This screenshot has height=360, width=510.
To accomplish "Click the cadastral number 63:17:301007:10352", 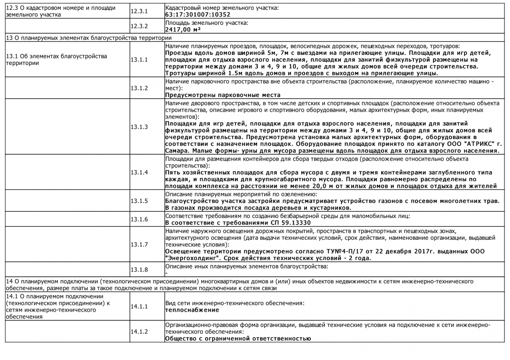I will pos(198,15).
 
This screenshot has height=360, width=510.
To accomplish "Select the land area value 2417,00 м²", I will pos(183,30).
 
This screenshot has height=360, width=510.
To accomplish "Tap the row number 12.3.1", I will pos(139,11).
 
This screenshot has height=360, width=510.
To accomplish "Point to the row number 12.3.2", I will pos(139,26).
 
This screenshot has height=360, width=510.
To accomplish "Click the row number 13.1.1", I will pos(139,60).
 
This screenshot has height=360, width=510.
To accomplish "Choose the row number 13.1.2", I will pos(139,88).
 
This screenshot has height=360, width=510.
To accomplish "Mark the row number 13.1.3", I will pos(139,127).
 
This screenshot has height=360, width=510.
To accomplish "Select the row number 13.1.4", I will pos(139,172).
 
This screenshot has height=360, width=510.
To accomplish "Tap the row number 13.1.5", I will pos(139,201).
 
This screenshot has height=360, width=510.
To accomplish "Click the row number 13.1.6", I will pos(139,219).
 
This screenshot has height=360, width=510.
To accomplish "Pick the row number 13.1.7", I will pos(139,244).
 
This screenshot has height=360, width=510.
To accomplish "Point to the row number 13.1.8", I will pos(139,269).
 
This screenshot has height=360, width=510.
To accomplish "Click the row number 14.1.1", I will pos(139,306).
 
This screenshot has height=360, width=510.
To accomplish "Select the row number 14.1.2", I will pos(139,332).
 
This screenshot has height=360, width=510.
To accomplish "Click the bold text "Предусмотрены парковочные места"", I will pos(223,95).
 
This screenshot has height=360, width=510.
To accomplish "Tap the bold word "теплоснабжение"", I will pos(192,310).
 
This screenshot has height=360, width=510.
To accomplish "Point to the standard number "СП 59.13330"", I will pos(290,223).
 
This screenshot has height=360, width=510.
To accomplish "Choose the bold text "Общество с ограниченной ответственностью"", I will pos(238,339).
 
